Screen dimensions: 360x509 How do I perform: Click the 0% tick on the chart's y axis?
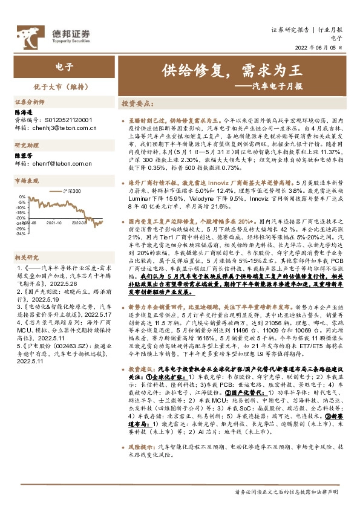pos(22,196)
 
